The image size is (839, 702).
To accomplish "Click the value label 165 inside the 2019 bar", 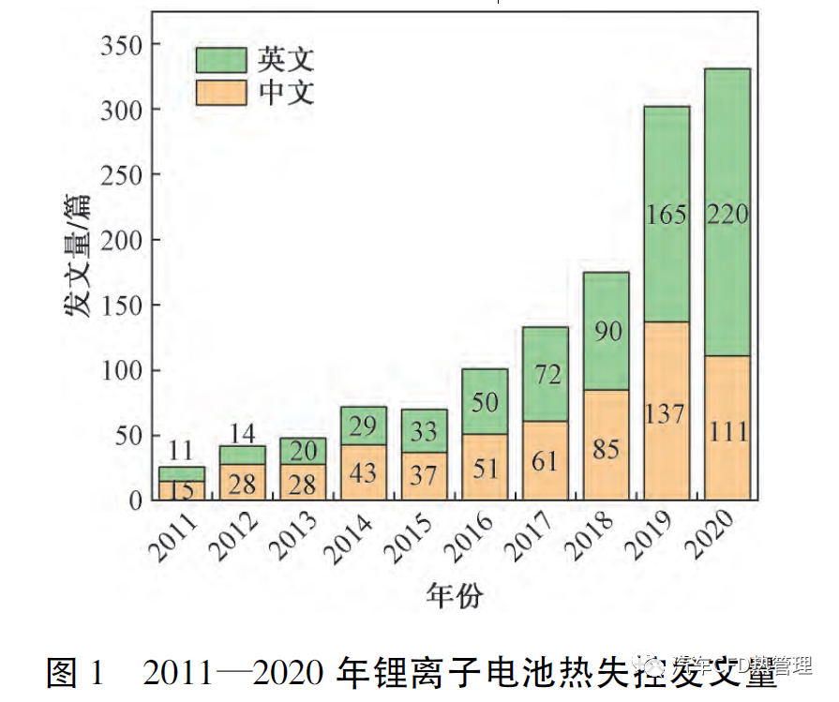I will [x=667, y=215].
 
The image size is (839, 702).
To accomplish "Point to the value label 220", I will [x=727, y=215].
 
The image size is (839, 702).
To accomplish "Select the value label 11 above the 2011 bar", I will [x=182, y=451].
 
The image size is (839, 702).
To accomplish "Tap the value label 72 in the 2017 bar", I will [x=546, y=374].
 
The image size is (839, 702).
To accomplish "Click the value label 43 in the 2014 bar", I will [x=364, y=473].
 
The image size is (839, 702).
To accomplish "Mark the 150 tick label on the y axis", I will [x=123, y=306].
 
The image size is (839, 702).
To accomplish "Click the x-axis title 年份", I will [x=455, y=594].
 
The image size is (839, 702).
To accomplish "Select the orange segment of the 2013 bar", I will [x=303, y=483].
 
